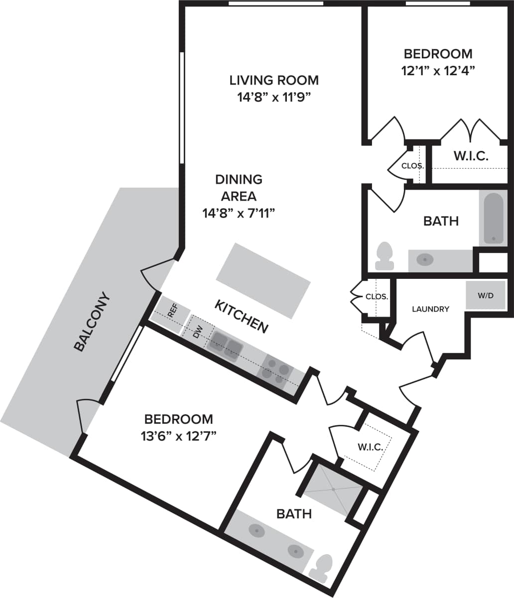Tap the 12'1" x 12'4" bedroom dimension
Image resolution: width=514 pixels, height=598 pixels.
(437, 71)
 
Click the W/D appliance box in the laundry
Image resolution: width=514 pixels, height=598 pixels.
(485, 295)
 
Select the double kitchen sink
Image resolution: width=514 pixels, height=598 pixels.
(226, 346)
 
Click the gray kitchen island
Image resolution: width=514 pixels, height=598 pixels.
(263, 280)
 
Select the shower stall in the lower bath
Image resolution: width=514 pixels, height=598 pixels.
(333, 490)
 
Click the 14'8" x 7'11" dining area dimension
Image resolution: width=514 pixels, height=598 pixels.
(239, 214)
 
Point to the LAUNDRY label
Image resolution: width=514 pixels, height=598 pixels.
(430, 309)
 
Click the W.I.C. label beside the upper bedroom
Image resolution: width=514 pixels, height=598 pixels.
(470, 156)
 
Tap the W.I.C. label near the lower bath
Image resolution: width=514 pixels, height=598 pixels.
(370, 447)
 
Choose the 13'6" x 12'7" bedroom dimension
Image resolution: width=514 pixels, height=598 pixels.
(178, 437)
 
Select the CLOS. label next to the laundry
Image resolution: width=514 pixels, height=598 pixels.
(377, 296)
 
